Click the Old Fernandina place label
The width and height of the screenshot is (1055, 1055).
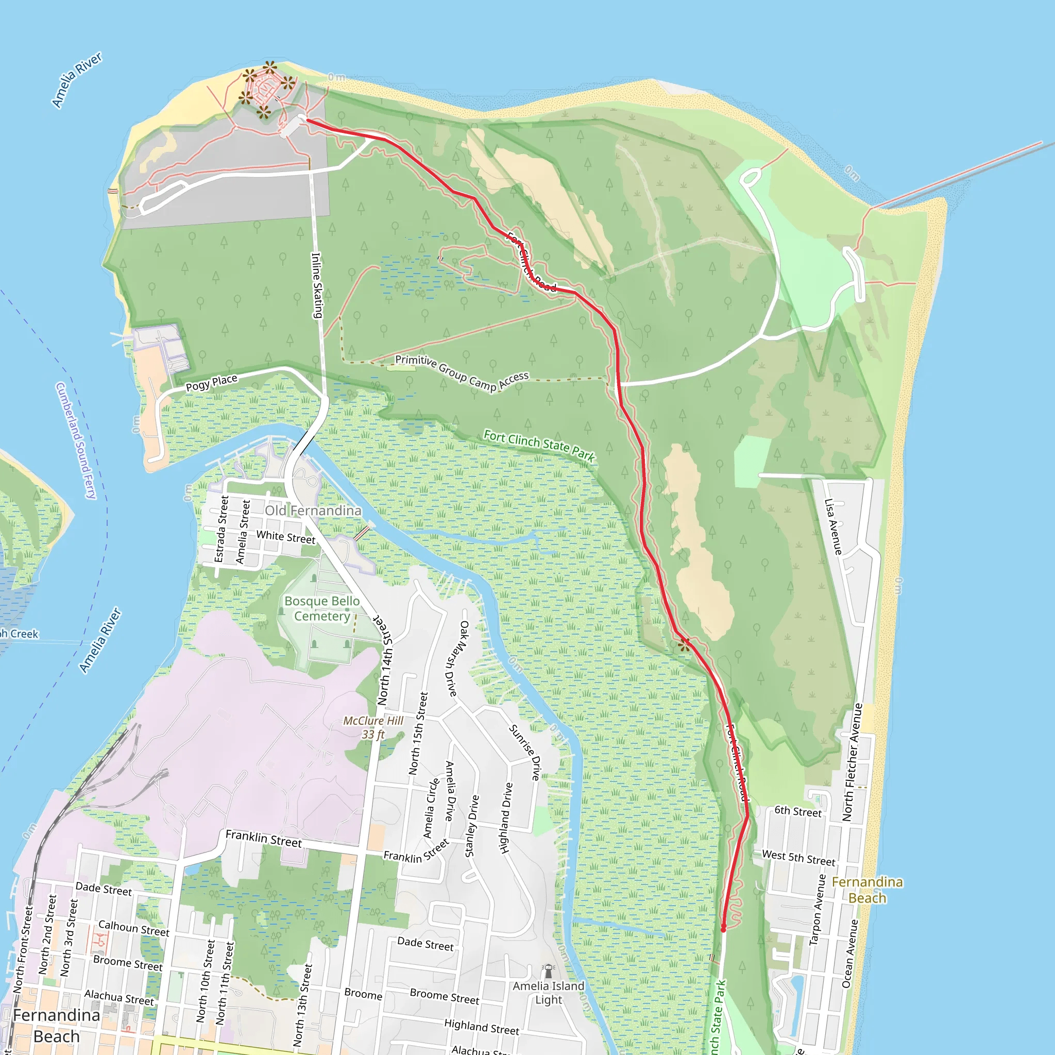point(313,511)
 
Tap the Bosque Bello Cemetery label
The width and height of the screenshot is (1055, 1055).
point(322,608)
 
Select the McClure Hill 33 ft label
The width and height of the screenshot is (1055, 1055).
point(373,727)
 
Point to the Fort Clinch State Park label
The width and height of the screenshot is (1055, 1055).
point(539,445)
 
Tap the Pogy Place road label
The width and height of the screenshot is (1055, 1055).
point(211,383)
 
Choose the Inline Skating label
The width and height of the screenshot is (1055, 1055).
point(317,285)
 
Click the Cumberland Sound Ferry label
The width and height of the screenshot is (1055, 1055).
point(76,440)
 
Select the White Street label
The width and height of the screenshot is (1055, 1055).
point(285,537)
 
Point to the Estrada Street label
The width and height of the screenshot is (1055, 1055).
point(221,529)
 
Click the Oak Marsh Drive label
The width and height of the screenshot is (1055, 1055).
point(457,658)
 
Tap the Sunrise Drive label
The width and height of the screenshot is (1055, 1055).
point(525,752)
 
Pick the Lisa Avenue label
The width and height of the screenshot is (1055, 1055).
point(833,526)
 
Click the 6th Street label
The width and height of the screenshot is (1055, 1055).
point(798,811)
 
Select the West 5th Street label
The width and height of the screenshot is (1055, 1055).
point(798,858)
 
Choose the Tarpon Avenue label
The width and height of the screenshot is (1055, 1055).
point(817,909)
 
